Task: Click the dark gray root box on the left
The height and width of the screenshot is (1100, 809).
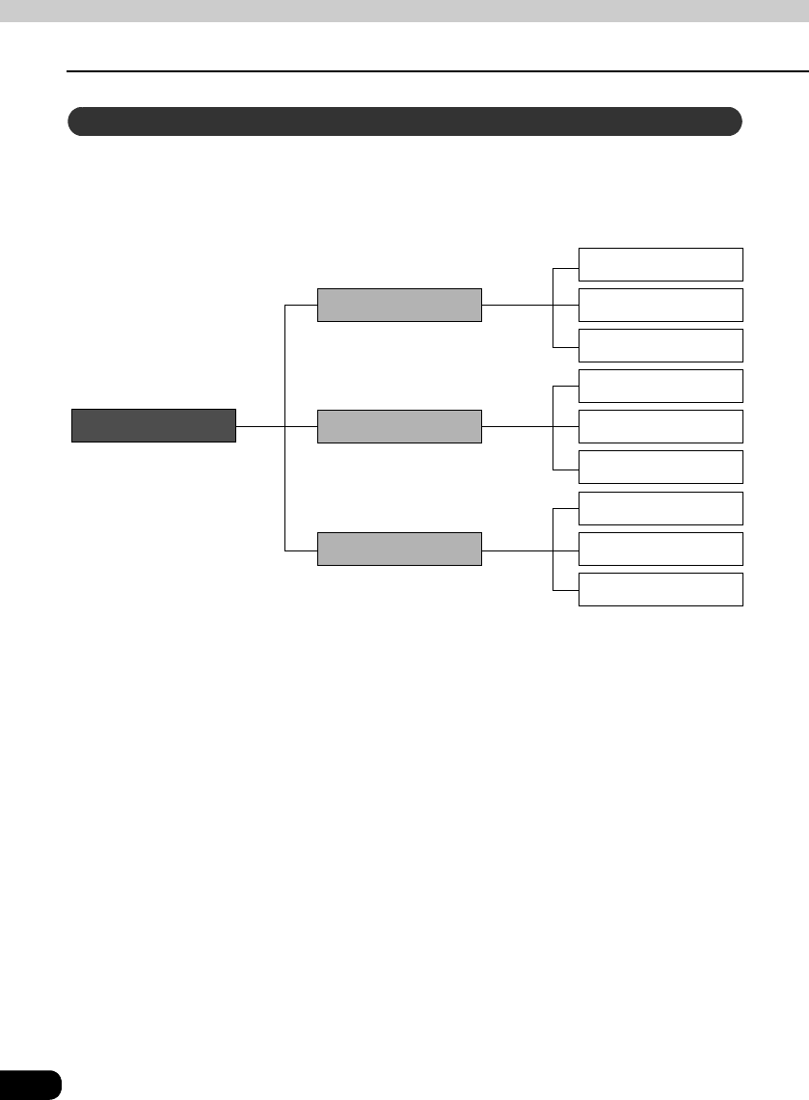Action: (153, 425)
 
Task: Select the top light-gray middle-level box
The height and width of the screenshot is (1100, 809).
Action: (399, 305)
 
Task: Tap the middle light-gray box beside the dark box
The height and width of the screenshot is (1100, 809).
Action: (399, 426)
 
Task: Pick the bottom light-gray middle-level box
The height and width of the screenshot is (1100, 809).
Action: (399, 549)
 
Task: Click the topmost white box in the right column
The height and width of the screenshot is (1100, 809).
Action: (661, 264)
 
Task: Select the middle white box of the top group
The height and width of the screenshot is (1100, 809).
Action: (661, 305)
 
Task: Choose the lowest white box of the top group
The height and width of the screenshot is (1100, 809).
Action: (661, 345)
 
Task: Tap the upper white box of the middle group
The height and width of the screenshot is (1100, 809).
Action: (661, 386)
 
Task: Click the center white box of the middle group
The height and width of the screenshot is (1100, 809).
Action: (661, 426)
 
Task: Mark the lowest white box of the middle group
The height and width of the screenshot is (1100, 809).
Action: (661, 467)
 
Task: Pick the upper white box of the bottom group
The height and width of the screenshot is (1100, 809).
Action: (661, 508)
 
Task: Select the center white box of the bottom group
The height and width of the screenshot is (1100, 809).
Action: (661, 549)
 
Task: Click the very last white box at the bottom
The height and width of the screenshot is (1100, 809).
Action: (661, 589)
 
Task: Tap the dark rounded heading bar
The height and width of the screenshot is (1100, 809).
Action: (404, 122)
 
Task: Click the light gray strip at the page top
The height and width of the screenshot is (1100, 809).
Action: (404, 11)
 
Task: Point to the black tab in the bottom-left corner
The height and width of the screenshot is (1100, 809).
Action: (30, 1084)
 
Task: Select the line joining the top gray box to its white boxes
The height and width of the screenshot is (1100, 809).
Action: (517, 305)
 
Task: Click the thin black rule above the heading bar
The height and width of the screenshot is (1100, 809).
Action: (434, 71)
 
